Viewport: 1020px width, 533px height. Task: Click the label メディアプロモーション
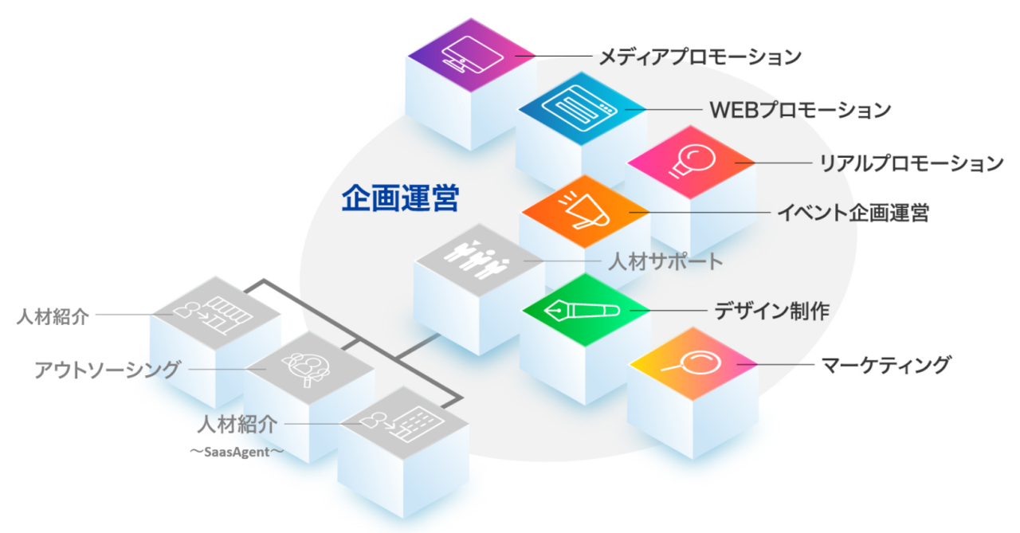coord(700,57)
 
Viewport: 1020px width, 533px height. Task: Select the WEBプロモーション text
coord(800,109)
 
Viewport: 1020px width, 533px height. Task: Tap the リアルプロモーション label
coord(912,164)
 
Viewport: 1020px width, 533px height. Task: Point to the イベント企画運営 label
coord(853,214)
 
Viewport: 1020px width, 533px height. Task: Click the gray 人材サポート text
coord(665,261)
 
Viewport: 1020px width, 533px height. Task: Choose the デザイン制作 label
coord(771,310)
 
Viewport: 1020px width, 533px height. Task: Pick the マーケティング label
coord(886,366)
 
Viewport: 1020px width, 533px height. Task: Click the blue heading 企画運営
coord(400,198)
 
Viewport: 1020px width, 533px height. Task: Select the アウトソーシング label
coord(108,370)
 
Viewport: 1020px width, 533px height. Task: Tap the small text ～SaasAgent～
coord(236,452)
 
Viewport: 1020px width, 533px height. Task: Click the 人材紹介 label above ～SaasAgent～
coord(238,424)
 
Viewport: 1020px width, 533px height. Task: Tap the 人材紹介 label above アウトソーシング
coord(53,315)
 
